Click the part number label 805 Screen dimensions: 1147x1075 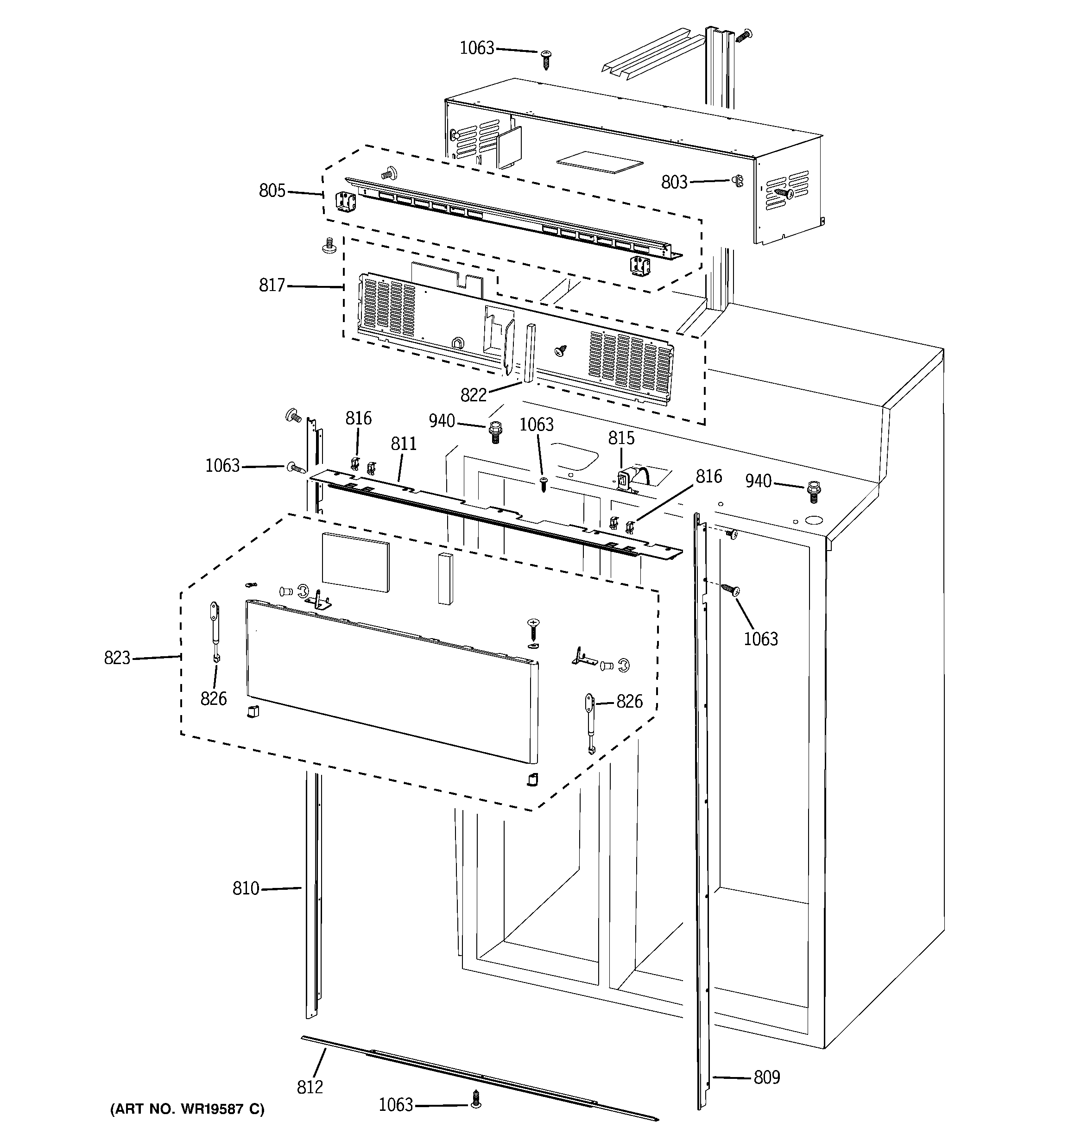click(272, 190)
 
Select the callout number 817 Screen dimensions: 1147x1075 click(272, 285)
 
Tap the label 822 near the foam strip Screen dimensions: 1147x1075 click(473, 395)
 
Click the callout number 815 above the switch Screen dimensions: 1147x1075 click(621, 438)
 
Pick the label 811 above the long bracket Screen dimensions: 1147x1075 click(403, 444)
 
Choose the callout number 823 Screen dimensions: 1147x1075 click(117, 658)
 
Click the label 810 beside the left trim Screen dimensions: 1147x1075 click(246, 888)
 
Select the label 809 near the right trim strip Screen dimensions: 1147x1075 click(766, 1077)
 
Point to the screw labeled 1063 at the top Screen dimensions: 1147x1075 click(546, 59)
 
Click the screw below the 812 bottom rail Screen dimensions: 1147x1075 click(475, 1100)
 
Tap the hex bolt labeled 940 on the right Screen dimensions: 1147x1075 click(814, 491)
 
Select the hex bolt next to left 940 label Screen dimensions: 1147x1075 click(494, 431)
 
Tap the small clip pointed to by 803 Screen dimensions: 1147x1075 click(737, 181)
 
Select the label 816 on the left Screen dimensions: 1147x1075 click(358, 418)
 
